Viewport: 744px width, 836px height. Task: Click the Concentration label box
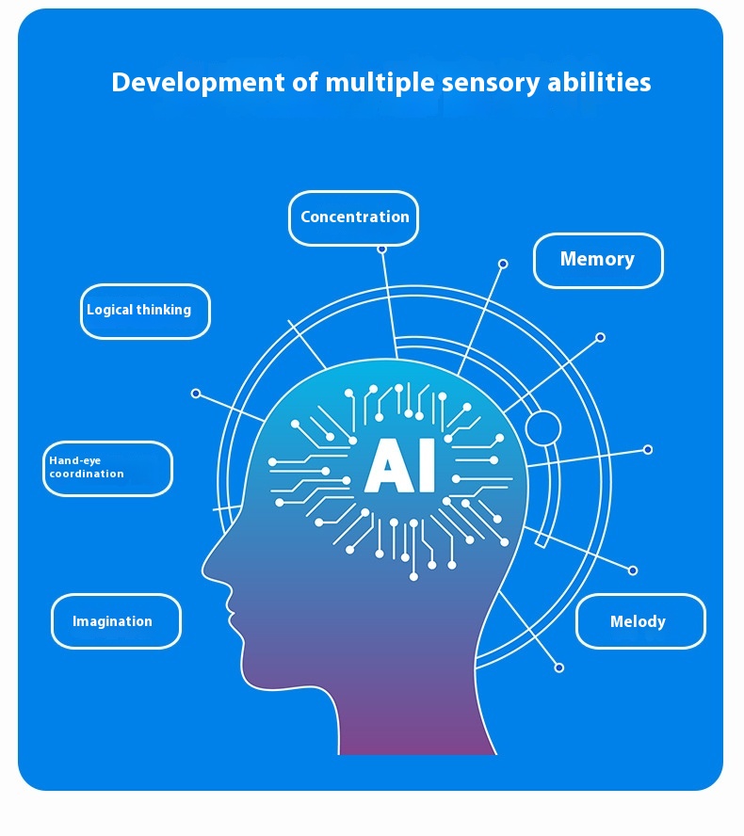coord(353,218)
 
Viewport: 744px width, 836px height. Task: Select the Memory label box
coord(598,261)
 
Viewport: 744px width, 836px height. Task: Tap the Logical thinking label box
coord(146,312)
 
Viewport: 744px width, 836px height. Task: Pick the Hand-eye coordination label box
coord(107,469)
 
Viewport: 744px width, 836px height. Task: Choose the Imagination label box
coord(116,621)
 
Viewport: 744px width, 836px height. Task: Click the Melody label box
coord(641,621)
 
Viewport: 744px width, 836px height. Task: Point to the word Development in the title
coord(198,83)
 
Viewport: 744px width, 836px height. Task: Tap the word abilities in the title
coord(599,82)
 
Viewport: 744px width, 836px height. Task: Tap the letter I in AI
coord(427,465)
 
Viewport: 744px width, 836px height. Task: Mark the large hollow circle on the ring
coord(543,428)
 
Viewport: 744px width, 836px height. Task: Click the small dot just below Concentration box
coord(381,249)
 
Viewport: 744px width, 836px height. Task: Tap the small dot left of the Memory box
coord(503,264)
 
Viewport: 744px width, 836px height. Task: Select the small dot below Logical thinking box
coord(196,394)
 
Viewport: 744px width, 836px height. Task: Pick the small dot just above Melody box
coord(633,571)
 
